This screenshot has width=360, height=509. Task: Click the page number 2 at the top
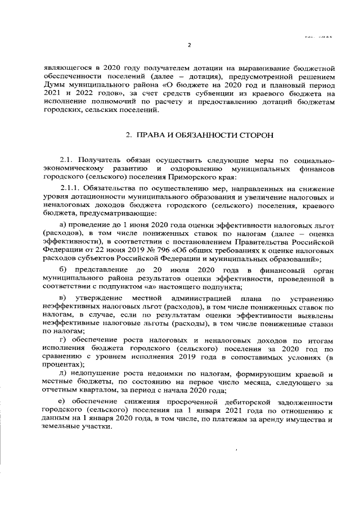pos(189,46)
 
